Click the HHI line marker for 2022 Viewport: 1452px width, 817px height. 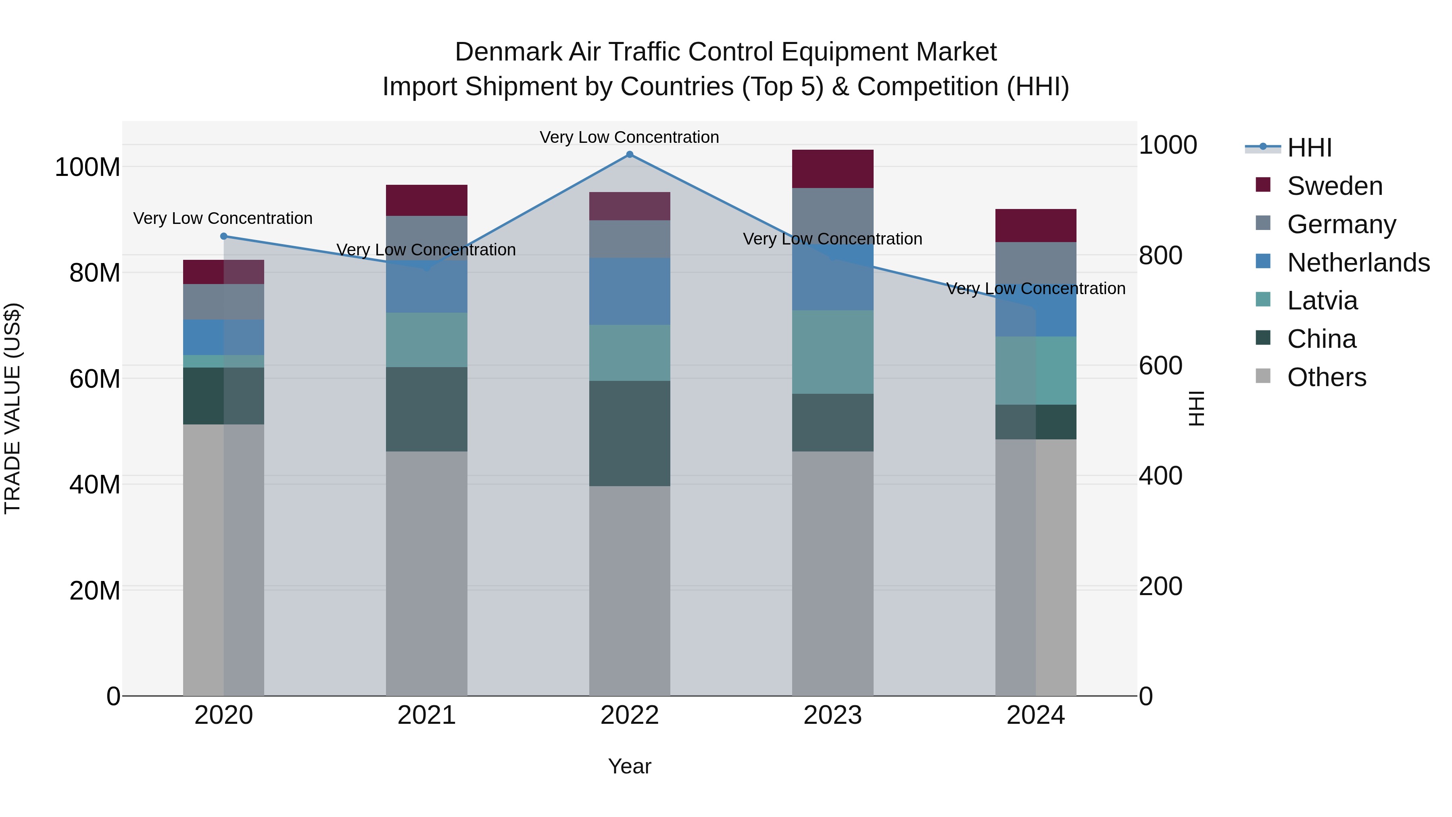coord(630,155)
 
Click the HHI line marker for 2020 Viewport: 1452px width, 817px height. coord(224,236)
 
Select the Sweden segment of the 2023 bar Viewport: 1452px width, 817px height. coord(832,169)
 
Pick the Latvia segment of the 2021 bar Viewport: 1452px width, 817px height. coord(427,340)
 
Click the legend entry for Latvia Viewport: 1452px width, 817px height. coord(1322,301)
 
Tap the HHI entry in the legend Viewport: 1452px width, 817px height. coord(1309,148)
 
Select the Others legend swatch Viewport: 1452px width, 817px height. coord(1263,376)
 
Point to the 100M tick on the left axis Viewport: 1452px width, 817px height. coord(88,167)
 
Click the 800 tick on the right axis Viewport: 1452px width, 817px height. coord(1160,255)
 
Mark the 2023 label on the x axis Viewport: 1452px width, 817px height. coord(832,715)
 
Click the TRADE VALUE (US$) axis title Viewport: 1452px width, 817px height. coord(13,408)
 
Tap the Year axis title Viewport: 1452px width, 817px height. coord(630,766)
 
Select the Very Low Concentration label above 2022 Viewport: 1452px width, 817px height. coord(629,137)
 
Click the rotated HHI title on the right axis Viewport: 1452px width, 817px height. coord(1195,408)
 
